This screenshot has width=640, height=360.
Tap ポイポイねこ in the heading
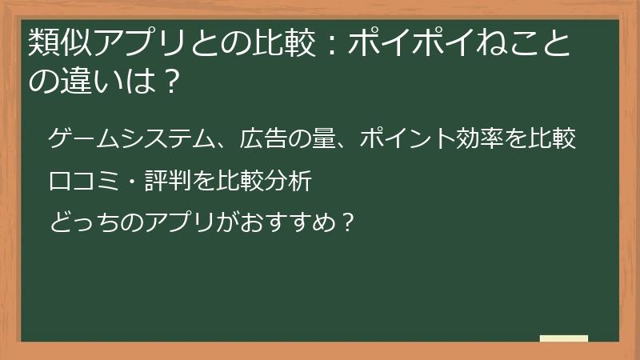point(449,42)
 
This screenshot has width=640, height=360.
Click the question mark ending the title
point(166,80)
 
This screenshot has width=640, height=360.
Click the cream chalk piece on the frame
point(563,339)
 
